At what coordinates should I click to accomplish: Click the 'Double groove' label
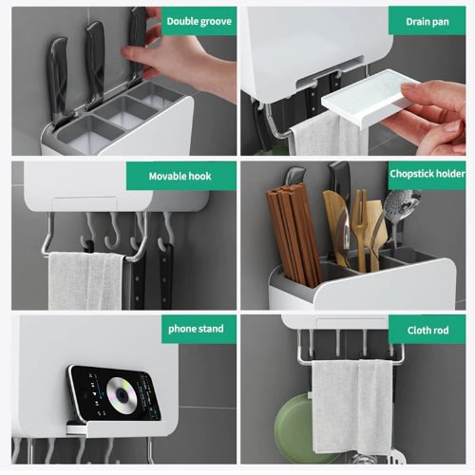point(199,21)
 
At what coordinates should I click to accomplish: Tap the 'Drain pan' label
point(427,22)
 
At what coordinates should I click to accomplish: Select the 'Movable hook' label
point(180,176)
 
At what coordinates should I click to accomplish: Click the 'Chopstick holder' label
point(427,174)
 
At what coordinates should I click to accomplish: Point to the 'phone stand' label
point(196,329)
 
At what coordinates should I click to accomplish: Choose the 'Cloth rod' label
point(427,331)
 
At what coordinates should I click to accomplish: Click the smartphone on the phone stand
point(113,393)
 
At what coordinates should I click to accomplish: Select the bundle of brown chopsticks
point(293,235)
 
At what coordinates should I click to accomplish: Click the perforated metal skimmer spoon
point(401,212)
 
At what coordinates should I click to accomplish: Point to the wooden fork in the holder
point(361,228)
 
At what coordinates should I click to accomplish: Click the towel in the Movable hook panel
point(85,280)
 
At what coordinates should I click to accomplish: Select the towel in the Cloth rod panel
point(352,407)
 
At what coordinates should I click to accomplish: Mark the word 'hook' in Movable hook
point(198,176)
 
